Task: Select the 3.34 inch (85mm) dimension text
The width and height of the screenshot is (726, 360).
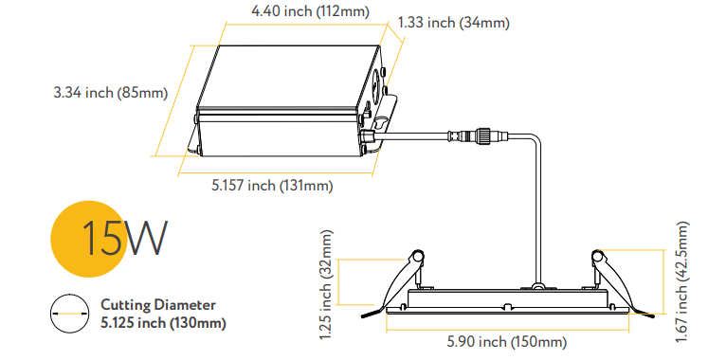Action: tap(110, 93)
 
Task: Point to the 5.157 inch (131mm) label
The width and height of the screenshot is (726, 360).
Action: tap(271, 185)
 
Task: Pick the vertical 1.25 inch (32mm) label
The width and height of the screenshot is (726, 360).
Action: tap(325, 283)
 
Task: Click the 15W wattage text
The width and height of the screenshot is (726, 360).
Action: tap(123, 240)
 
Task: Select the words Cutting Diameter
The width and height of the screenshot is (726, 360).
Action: tap(158, 304)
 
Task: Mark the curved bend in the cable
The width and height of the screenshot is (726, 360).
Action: tap(534, 142)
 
